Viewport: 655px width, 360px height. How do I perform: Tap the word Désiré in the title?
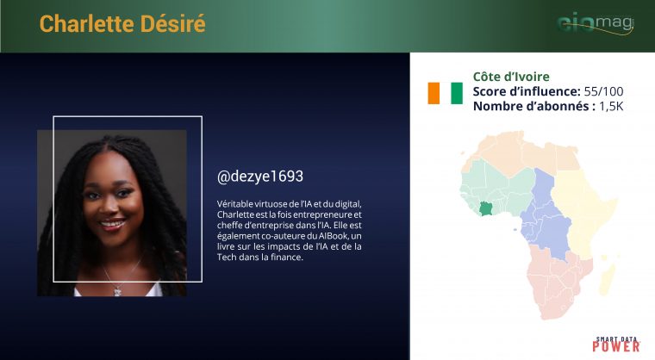pos(173,23)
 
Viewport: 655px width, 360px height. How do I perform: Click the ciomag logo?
pos(596,23)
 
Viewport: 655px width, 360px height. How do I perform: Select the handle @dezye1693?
pos(259,177)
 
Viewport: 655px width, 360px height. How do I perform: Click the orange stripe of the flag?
pos(434,93)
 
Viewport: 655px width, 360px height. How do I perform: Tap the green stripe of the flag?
pos(457,93)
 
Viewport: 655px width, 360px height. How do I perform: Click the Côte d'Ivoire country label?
pos(511,77)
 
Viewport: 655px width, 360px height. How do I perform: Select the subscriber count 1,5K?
pos(611,107)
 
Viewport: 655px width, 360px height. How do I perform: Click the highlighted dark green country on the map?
pos(486,208)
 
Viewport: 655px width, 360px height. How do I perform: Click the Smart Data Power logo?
pos(616,344)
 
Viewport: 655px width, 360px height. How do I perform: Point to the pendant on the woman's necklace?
pos(118,290)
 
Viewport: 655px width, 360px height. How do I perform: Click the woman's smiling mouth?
pos(112,224)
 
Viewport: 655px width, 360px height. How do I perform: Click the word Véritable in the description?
pos(235,204)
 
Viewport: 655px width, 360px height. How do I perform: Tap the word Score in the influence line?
pos(489,91)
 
